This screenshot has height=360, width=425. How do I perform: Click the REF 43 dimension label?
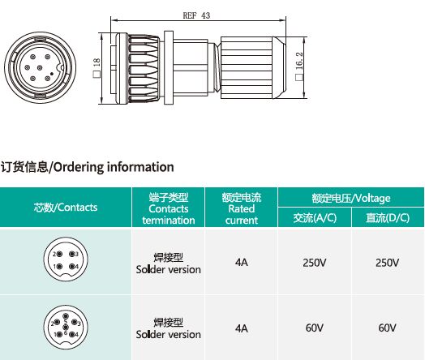196,15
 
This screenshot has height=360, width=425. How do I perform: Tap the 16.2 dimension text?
299,61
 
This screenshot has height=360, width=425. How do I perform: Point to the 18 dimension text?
97,62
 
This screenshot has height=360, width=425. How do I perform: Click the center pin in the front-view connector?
40,68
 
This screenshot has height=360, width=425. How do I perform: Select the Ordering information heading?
87,167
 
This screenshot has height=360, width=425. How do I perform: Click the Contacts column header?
66,208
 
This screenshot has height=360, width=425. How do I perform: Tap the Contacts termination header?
169,208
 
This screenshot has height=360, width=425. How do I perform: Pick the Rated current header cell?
242,208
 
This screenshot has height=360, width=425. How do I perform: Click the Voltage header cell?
351,198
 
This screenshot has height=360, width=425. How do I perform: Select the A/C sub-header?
315,217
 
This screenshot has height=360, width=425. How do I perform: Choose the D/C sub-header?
388,217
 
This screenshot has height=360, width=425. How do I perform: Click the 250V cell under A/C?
315,263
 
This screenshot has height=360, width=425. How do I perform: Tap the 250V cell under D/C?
388,263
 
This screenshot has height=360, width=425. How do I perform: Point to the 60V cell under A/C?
315,328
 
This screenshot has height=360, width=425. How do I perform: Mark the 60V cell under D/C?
388,328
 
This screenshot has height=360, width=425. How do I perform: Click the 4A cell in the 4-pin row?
242,262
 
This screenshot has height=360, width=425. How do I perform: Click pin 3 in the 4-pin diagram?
72,254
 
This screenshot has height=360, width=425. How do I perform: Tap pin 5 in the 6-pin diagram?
66,316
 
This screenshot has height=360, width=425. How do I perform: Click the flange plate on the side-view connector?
169,68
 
